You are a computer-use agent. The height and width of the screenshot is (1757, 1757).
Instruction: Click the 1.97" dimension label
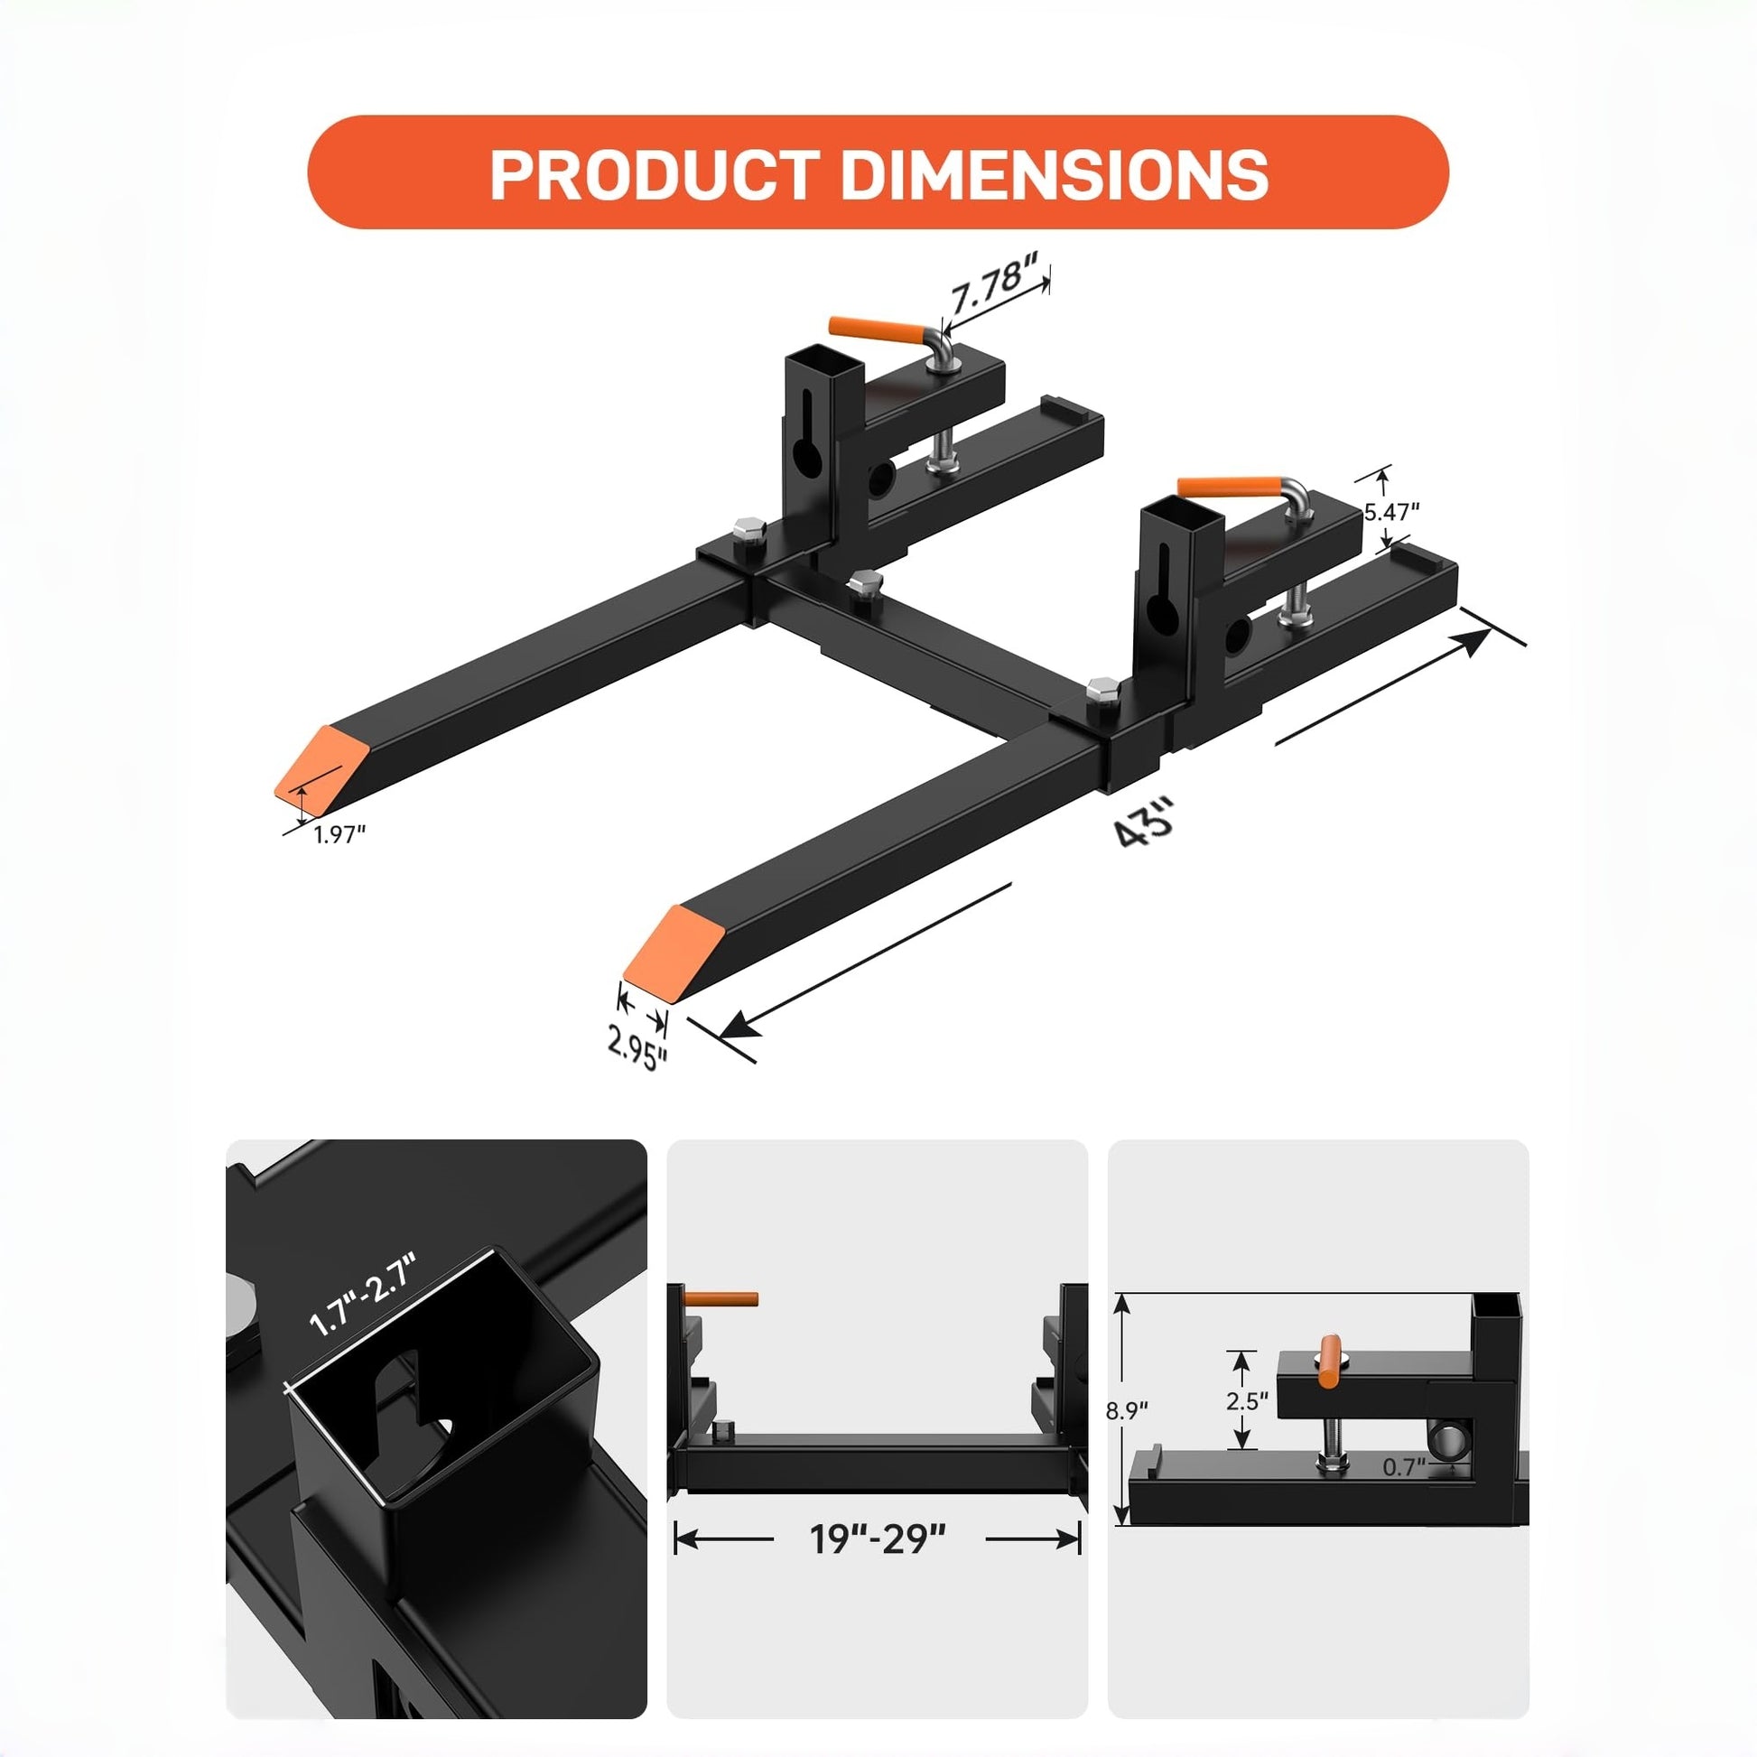[x=339, y=834]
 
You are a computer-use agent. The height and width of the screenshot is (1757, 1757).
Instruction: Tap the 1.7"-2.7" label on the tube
[x=362, y=1295]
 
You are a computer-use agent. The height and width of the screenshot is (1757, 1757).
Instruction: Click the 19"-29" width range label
[x=878, y=1539]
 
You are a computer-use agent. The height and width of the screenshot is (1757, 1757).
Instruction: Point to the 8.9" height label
[x=1127, y=1411]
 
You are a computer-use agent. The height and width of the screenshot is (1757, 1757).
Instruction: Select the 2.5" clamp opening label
[x=1246, y=1400]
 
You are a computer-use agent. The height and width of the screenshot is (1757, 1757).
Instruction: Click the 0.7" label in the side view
[x=1403, y=1467]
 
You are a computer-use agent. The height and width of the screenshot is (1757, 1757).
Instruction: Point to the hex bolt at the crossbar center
[x=862, y=581]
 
